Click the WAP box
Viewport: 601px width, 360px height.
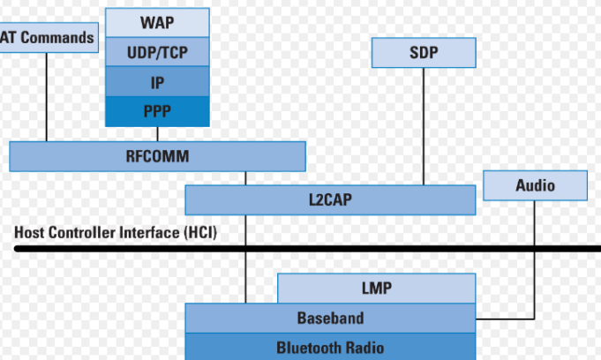pyautogui.click(x=157, y=20)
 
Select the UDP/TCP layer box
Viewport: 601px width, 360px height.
pyautogui.click(x=157, y=52)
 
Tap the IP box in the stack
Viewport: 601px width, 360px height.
pyautogui.click(x=157, y=82)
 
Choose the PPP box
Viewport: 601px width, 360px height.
pyautogui.click(x=157, y=111)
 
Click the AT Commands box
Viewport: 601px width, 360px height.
pyautogui.click(x=48, y=38)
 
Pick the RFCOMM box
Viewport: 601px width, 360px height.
pyautogui.click(x=157, y=156)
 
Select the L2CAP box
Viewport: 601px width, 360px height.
pyautogui.click(x=330, y=200)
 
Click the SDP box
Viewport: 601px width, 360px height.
pyautogui.click(x=423, y=52)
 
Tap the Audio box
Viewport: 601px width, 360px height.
pyautogui.click(x=535, y=185)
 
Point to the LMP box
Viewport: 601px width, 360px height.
pyautogui.click(x=376, y=288)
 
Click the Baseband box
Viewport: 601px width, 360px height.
pyautogui.click(x=330, y=318)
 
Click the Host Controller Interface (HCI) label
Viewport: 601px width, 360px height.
pyautogui.click(x=115, y=233)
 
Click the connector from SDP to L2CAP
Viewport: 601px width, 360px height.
pyautogui.click(x=423, y=124)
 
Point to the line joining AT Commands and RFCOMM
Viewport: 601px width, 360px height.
pyautogui.click(x=47, y=97)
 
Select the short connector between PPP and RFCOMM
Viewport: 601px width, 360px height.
pyautogui.click(x=157, y=134)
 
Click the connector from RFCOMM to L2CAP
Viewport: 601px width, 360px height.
pyautogui.click(x=246, y=178)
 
